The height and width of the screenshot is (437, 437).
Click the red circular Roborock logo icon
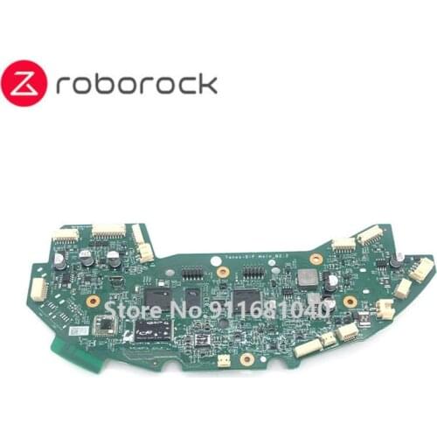coord(27,85)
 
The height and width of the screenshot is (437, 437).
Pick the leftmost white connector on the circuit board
coord(38,288)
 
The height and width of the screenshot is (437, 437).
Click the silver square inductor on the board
coord(308,278)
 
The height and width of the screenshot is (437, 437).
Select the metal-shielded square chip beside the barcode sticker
coord(106,325)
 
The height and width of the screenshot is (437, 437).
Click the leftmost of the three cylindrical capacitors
coord(59,260)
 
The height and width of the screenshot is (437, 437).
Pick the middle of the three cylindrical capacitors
coord(86,258)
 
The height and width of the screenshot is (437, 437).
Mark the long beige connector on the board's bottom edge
coord(308,348)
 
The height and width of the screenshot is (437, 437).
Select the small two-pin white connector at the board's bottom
coord(224,359)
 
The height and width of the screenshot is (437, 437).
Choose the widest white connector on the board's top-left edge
coord(108,231)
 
